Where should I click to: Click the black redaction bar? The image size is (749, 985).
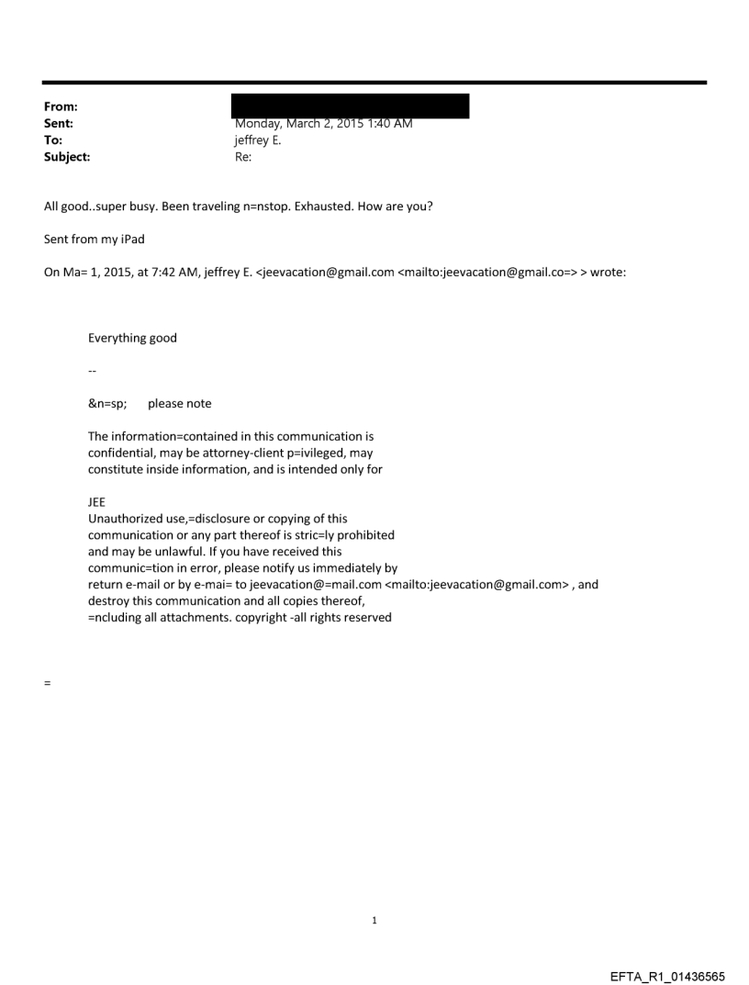(x=352, y=105)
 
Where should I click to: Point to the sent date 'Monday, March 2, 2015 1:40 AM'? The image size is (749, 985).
(x=323, y=124)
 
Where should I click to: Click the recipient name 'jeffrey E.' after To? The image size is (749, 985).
(x=260, y=140)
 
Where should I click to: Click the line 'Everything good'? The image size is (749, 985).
(x=132, y=338)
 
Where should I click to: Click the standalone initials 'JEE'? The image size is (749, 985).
(x=97, y=503)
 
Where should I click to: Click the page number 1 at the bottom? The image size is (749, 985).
(x=374, y=920)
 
